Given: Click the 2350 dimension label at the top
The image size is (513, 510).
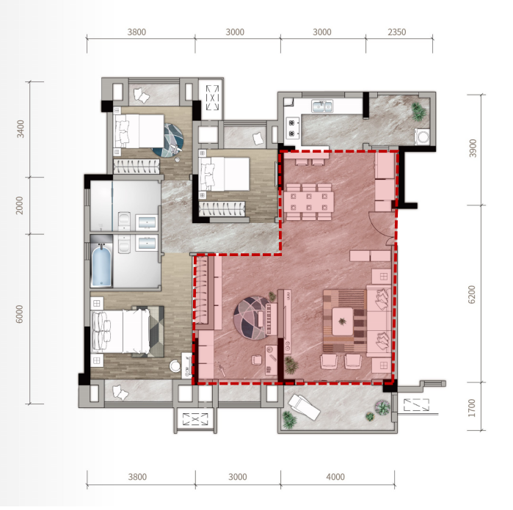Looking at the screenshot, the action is tap(396, 32).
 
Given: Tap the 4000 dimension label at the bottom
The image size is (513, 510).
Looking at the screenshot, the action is tap(335, 477).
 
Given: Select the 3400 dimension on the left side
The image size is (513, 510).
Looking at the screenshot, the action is tap(21, 129).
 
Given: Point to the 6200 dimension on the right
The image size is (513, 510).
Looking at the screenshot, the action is tap(472, 294).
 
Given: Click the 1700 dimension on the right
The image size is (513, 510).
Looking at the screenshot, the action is tap(472, 407).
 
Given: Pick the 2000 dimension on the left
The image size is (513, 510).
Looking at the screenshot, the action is tap(20, 205).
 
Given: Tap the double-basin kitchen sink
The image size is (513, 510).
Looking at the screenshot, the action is tap(322, 106).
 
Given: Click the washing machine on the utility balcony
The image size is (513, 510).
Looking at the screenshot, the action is tap(423, 136).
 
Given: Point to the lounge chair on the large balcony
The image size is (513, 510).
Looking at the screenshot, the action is tap(304, 407).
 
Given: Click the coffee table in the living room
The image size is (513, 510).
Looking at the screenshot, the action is tap(343, 321).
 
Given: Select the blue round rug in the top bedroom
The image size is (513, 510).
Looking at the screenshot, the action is tap(170, 140).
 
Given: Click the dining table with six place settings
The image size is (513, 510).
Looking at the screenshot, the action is tap(308, 201).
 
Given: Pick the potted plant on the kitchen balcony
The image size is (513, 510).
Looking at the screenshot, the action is tap(418, 112).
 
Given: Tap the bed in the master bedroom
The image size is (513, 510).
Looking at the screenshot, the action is tap(120, 332).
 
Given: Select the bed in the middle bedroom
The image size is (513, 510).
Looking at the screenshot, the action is tap(224, 174).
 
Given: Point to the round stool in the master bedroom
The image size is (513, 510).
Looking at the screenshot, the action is tap(175, 365).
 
